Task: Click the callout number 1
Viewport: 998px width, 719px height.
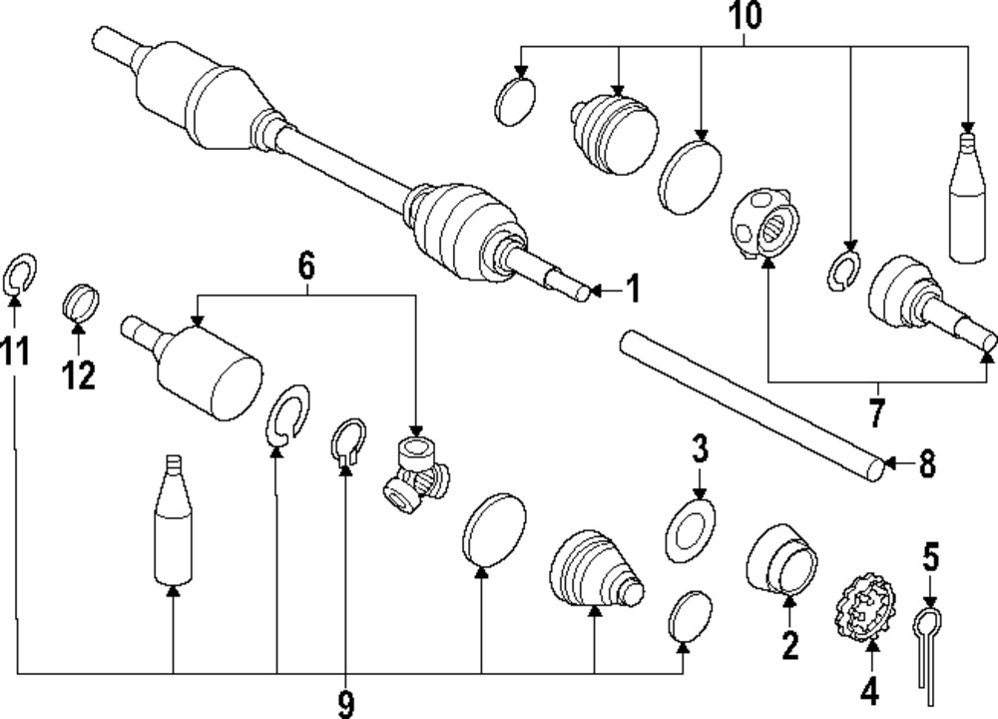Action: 632,290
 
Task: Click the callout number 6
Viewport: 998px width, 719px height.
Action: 305,267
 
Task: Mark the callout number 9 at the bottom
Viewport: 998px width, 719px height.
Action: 345,703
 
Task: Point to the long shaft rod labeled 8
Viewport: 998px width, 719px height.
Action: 748,404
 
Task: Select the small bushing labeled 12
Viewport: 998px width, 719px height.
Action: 80,299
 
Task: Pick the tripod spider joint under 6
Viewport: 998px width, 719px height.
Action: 416,474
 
